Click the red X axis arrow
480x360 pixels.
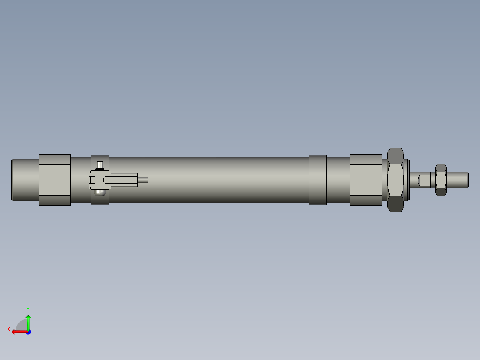coord(18,331)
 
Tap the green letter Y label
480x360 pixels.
coord(28,309)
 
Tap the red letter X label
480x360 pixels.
coord(8,330)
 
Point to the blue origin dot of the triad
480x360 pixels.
coord(28,332)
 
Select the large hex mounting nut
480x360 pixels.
coord(395,180)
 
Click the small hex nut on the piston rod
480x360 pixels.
coord(441,180)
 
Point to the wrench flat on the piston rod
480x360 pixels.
coord(424,180)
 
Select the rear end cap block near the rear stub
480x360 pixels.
coord(54,180)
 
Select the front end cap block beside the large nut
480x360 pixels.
coord(366,180)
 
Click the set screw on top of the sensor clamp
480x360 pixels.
coord(100,165)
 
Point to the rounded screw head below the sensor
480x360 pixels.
coord(100,193)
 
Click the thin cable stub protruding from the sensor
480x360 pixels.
coord(142,180)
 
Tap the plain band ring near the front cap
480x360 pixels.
coord(317,180)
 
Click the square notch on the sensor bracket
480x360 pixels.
coord(93,180)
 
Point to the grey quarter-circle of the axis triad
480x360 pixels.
coord(21,325)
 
